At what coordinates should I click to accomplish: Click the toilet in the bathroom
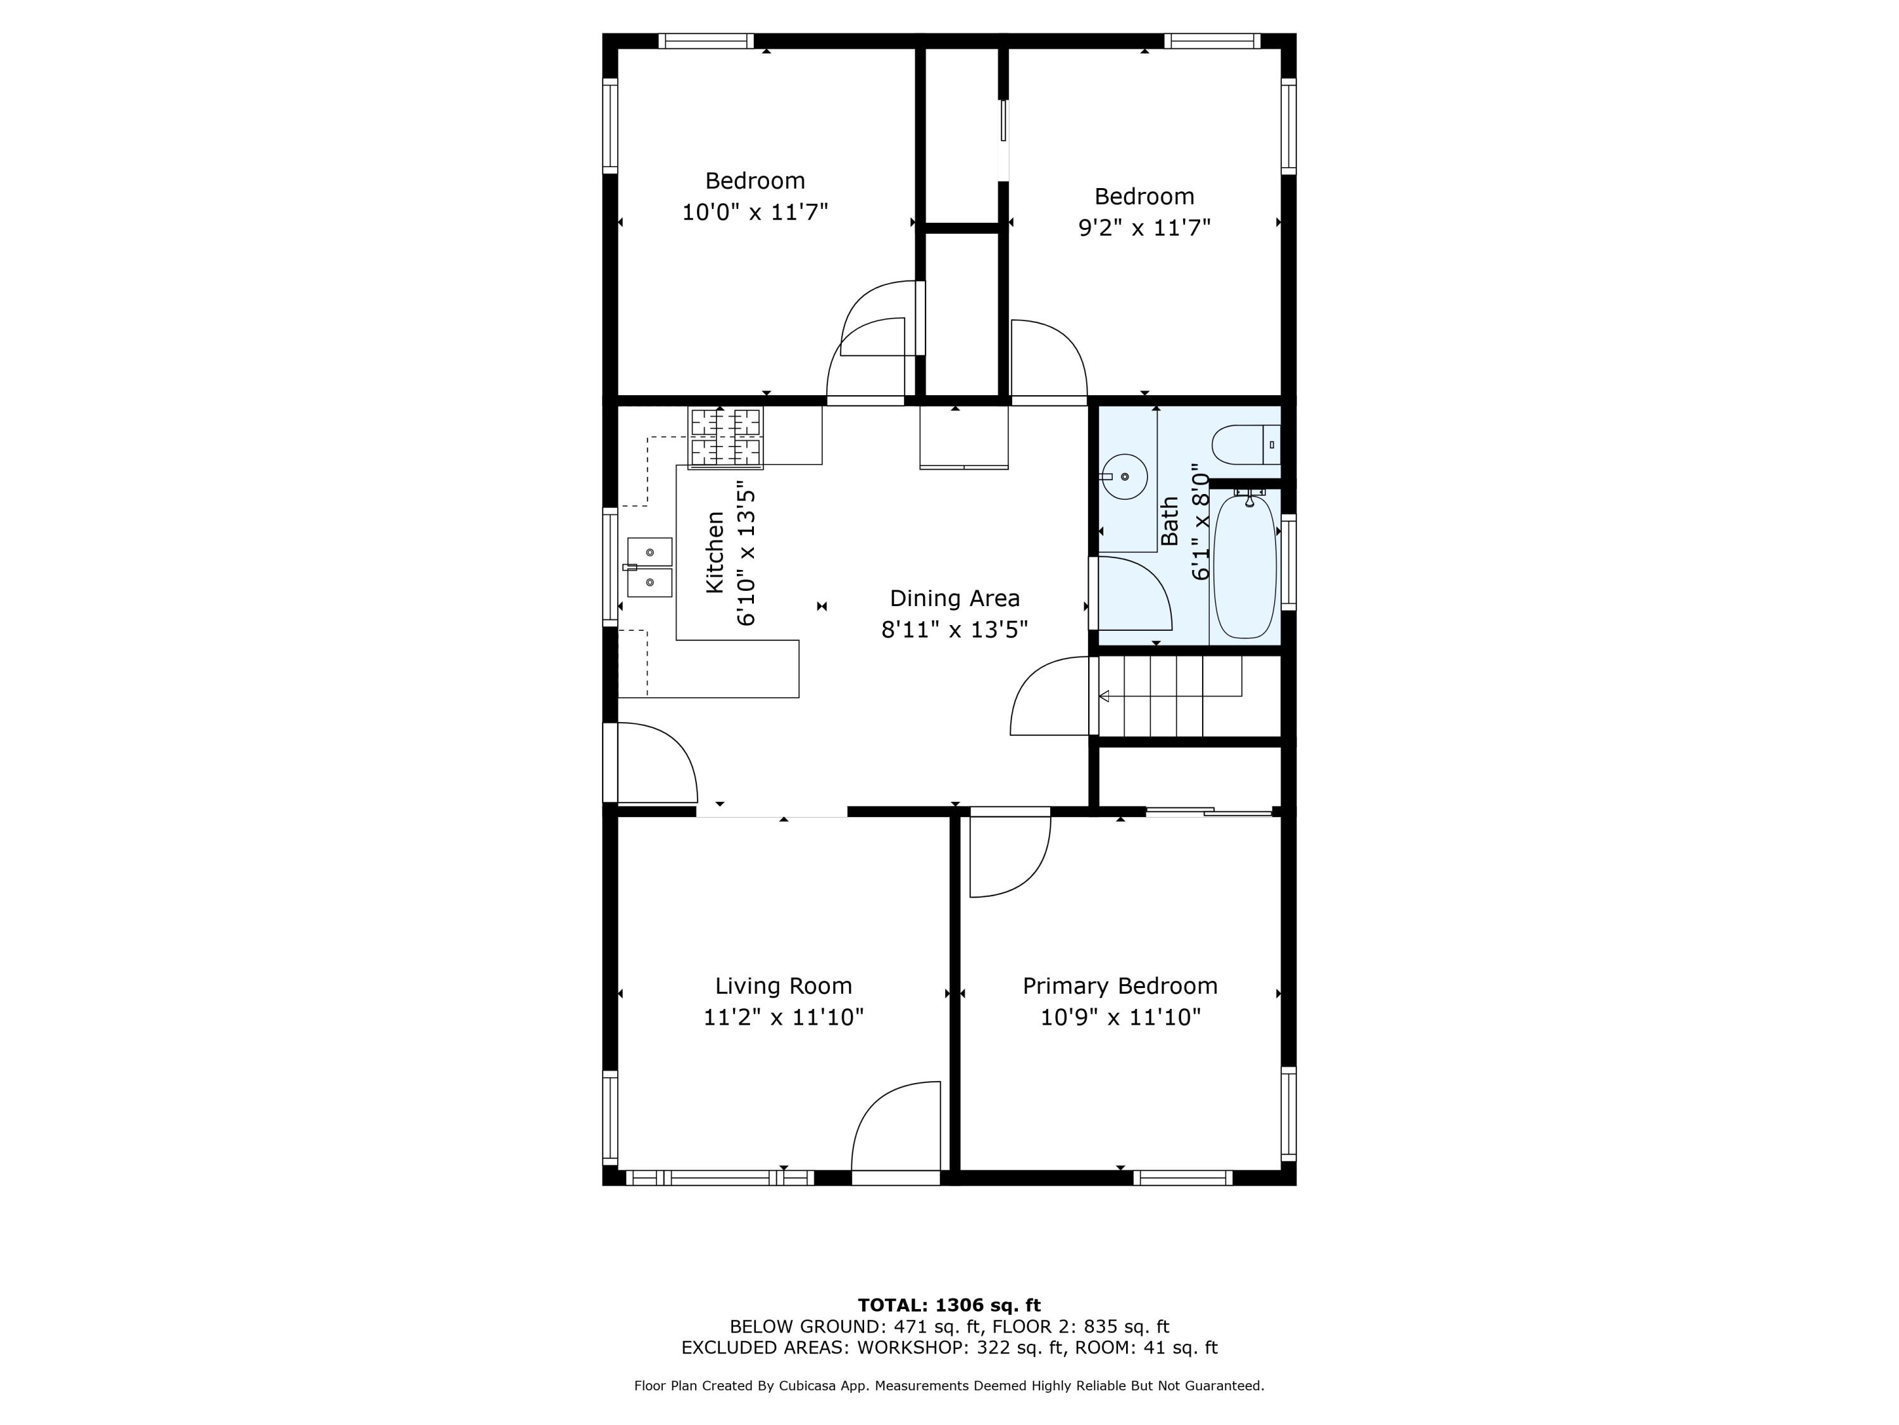coord(1243,445)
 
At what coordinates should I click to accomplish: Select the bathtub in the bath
coord(1244,567)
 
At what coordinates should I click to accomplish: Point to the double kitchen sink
coord(650,567)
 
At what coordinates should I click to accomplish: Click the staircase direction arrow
coord(1104,696)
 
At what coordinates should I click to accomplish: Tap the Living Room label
coord(783,985)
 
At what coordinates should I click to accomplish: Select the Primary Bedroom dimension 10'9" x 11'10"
coord(1120,1017)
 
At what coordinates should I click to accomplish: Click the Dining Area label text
coord(955,598)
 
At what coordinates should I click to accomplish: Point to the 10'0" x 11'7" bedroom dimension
coord(755,212)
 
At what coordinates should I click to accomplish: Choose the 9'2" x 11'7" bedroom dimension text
coord(1144,227)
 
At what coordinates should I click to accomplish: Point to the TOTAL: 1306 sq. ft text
coord(949,1305)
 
